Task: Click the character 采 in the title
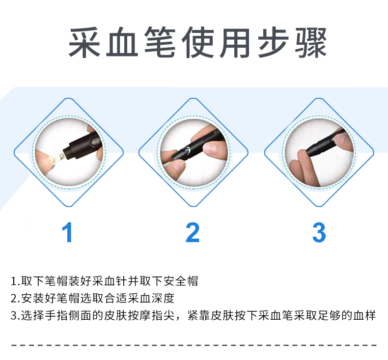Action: point(84,43)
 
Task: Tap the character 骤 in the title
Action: point(311,43)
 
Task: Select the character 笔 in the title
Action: point(160,43)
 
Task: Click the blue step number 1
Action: point(67,232)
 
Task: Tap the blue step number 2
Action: point(193,232)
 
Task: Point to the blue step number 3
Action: point(319,232)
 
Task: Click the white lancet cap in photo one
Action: point(57,158)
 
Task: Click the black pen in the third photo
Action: point(324,143)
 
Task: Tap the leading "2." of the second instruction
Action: point(15,299)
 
